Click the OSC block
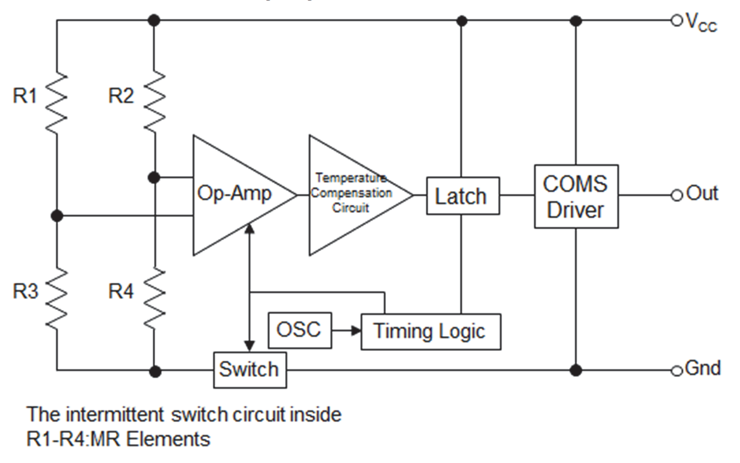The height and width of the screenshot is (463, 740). point(299,330)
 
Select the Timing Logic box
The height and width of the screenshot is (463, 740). point(431,332)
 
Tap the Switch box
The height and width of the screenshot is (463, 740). point(250,370)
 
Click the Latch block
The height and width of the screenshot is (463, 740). point(462,196)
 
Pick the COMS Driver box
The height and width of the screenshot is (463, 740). point(576,196)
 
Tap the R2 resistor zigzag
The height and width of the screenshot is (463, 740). point(155,101)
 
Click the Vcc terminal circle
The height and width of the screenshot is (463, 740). point(676,20)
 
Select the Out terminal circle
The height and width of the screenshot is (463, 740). point(676,195)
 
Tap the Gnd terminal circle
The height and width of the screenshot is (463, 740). point(676,371)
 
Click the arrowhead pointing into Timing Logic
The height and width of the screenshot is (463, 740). point(356,330)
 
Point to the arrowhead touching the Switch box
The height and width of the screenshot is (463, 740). point(249,346)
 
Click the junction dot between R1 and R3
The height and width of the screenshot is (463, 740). point(57,216)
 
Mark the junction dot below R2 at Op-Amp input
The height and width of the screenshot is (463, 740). point(154,177)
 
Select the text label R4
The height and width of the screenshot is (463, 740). point(121,291)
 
